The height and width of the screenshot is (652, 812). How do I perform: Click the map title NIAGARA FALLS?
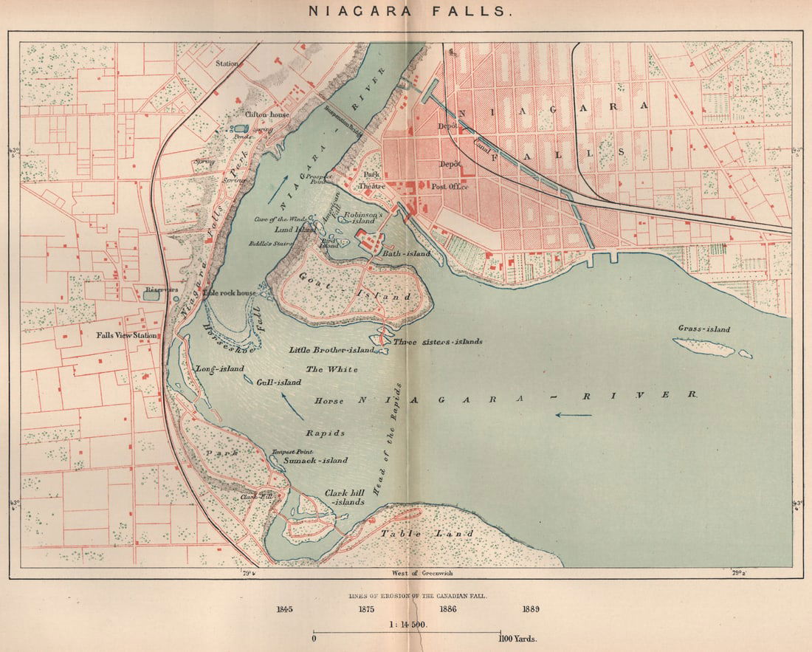click(x=406, y=11)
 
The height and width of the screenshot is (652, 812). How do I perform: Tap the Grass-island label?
click(x=703, y=329)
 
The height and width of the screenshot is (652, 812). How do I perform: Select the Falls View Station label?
click(x=127, y=335)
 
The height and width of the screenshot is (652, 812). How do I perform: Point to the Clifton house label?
click(x=266, y=115)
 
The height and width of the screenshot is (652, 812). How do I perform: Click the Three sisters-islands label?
click(x=438, y=342)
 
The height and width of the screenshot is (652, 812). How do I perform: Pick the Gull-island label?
click(x=279, y=382)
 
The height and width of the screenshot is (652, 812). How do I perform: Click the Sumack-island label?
click(x=317, y=460)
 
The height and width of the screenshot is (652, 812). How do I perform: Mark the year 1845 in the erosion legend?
click(x=284, y=609)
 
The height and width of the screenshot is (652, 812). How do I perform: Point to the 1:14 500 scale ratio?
click(x=406, y=624)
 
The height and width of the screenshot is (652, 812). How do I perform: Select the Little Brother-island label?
click(x=331, y=350)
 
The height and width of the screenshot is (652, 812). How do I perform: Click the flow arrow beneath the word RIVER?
click(x=574, y=414)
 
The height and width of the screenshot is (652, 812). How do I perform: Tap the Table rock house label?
click(x=230, y=293)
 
